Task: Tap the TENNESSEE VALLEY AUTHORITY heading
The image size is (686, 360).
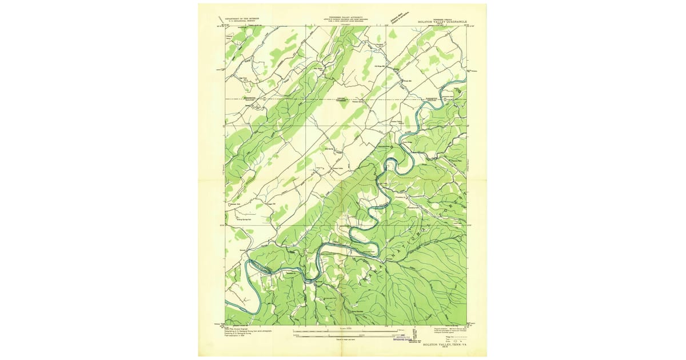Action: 343,17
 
